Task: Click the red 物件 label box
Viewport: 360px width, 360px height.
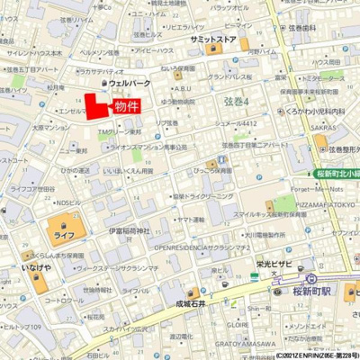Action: [127, 106]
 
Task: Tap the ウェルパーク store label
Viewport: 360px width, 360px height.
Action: [130, 83]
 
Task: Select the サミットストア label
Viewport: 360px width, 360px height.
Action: [212, 40]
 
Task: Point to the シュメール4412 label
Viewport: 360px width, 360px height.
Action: [236, 123]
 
